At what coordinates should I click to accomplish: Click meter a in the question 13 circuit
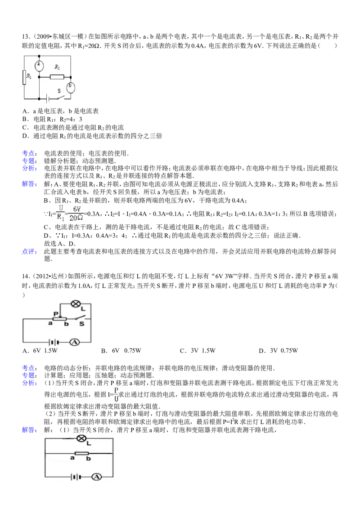[x=39, y=66]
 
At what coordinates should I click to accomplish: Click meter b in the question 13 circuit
[x=71, y=87]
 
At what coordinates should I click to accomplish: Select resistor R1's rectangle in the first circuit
[x=24, y=77]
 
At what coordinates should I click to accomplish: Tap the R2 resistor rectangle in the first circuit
[x=57, y=77]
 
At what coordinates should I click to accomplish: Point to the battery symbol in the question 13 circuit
[x=49, y=98]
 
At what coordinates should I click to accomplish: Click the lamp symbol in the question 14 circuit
[x=76, y=304]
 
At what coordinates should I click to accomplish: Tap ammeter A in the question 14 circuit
[x=75, y=342]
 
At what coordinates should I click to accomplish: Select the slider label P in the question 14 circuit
[x=55, y=314]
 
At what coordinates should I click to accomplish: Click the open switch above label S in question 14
[x=80, y=318]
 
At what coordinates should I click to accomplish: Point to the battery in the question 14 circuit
[x=54, y=342]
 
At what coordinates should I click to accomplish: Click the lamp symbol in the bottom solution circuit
[x=81, y=438]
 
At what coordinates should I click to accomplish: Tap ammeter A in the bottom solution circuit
[x=96, y=477]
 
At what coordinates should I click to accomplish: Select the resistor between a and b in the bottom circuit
[x=81, y=453]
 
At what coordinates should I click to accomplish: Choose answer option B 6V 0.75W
[x=121, y=351]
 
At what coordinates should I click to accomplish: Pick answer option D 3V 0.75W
[x=278, y=351]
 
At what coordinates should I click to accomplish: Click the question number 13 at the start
[x=26, y=37]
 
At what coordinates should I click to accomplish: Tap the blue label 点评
[x=29, y=251]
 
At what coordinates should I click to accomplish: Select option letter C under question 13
[x=25, y=128]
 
